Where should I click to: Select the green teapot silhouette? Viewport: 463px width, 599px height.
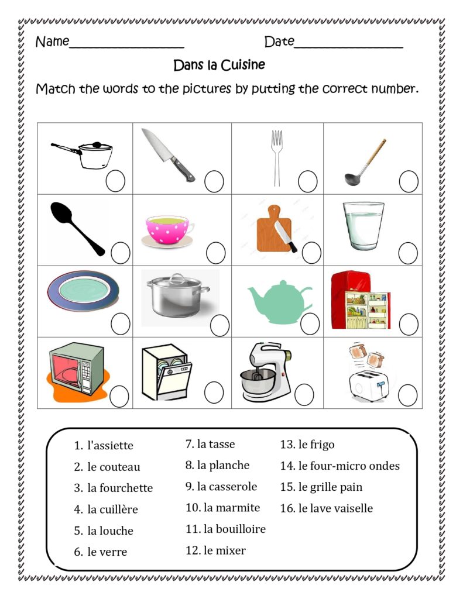pos(279,302)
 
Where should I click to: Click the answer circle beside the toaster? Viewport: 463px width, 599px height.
pos(408,395)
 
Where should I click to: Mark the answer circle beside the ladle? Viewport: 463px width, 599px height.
pos(409,181)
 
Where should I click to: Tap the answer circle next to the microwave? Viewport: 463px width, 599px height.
pos(119,396)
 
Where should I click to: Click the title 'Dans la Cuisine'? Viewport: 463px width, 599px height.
pos(219,64)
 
